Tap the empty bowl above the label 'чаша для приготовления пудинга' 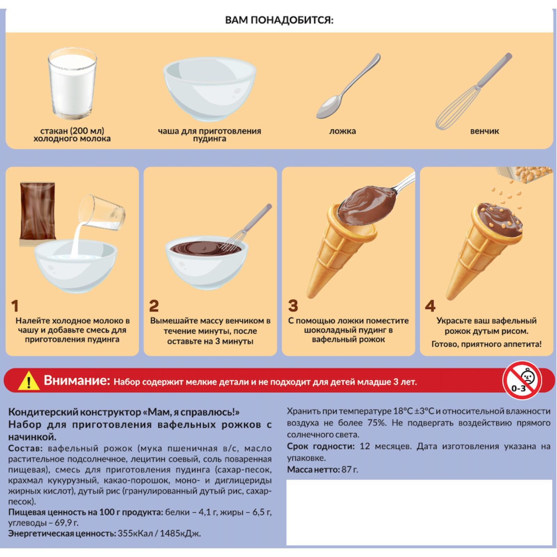pos(209,89)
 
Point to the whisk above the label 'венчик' pos(473,91)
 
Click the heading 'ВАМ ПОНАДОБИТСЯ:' pos(279,20)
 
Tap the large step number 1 pos(14,306)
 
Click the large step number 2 pos(154,306)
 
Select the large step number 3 pos(293,306)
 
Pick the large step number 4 pos(430,306)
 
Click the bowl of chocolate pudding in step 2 pos(207,265)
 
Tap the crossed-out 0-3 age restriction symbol pos(522,380)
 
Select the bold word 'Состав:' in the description pos(25,448)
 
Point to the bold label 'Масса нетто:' pos(313,470)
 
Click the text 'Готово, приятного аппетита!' pos(486,344)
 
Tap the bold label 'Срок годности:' pos(321,447)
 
